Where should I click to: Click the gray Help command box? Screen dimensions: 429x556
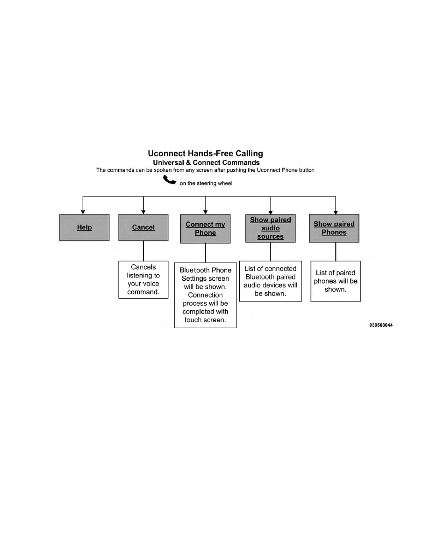click(x=84, y=227)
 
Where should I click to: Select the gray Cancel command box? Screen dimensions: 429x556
click(x=143, y=227)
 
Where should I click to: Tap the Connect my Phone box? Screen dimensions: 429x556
click(x=205, y=229)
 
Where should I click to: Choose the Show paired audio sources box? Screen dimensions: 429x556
click(x=271, y=228)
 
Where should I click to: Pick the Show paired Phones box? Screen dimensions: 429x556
click(x=334, y=228)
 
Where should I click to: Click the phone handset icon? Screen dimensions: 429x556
click(x=170, y=180)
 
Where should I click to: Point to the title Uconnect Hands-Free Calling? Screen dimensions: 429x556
click(x=205, y=154)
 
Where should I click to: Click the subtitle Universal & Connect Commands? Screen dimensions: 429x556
click(x=207, y=163)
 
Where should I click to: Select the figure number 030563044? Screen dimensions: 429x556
click(x=381, y=325)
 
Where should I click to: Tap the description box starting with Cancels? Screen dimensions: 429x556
click(x=143, y=280)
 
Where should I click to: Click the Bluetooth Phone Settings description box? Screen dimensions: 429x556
click(x=205, y=295)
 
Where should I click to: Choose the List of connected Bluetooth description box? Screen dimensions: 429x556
click(x=271, y=282)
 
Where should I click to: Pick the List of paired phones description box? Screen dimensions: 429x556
click(x=336, y=281)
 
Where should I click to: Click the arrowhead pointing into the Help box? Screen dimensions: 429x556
click(x=83, y=212)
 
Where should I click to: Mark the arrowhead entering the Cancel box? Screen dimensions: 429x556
click(x=143, y=212)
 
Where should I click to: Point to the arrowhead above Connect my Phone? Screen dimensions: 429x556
click(x=205, y=212)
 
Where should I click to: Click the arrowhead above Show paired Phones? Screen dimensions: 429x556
click(x=336, y=212)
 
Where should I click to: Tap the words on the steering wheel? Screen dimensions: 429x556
click(x=206, y=183)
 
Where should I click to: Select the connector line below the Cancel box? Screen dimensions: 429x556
click(x=143, y=251)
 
